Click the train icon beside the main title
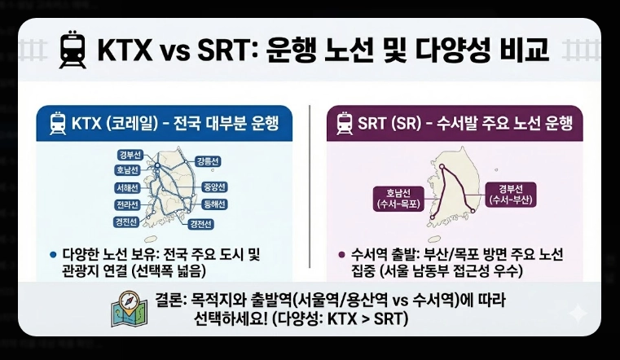click(72, 50)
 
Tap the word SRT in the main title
click(218, 51)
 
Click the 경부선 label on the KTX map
click(129, 156)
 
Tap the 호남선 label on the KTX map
click(130, 171)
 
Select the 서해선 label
click(129, 187)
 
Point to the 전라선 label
click(130, 204)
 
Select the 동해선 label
click(214, 204)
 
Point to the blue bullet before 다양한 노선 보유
click(55, 254)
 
